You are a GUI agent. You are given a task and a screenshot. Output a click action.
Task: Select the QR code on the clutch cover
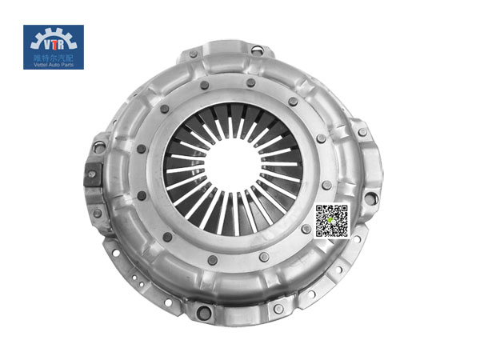point(332,221)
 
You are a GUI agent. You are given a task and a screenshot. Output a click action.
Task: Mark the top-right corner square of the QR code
point(342,210)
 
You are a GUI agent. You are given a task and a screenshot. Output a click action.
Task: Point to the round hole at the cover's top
point(256,50)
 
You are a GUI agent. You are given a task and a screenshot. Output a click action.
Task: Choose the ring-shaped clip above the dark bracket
point(99,146)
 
